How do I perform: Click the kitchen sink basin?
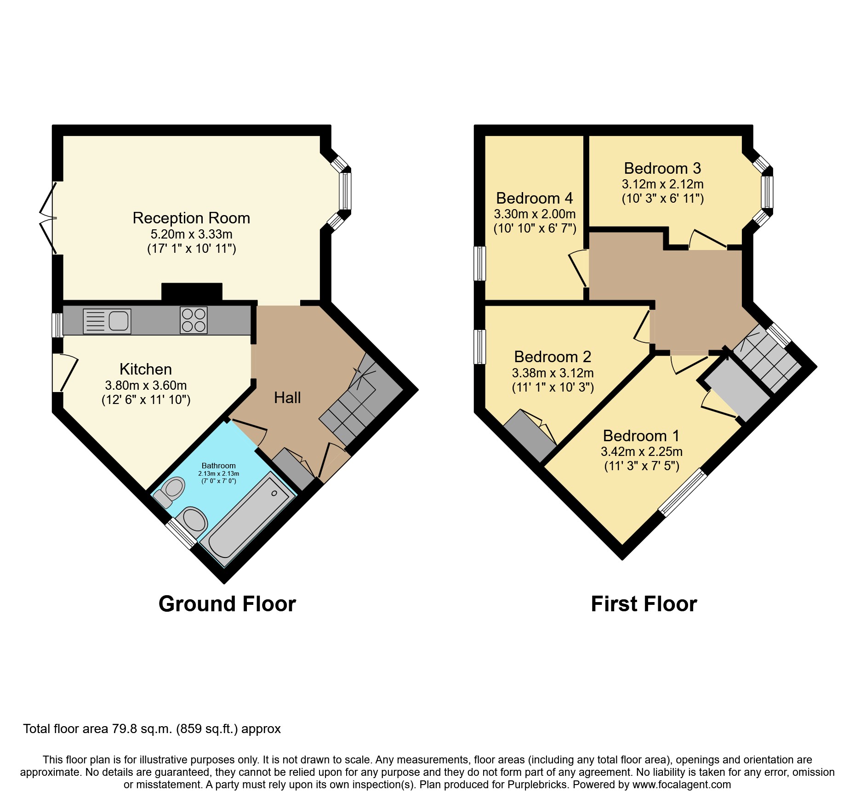click(x=119, y=320)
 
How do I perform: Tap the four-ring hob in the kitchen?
click(x=194, y=320)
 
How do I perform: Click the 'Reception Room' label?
click(x=191, y=218)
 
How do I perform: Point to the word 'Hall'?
click(x=287, y=398)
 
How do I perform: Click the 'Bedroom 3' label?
click(x=662, y=168)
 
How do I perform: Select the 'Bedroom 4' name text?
click(x=535, y=198)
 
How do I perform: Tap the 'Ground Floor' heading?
click(x=227, y=604)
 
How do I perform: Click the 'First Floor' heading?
click(x=644, y=604)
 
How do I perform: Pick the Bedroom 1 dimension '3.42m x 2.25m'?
click(x=641, y=451)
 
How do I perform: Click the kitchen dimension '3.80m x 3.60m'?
click(x=146, y=385)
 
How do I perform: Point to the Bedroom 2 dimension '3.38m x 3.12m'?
click(x=553, y=373)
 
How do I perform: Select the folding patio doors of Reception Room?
click(x=47, y=218)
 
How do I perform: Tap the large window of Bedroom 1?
click(x=683, y=492)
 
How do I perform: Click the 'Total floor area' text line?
click(x=152, y=729)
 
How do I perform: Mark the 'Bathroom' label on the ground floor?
click(x=218, y=466)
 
